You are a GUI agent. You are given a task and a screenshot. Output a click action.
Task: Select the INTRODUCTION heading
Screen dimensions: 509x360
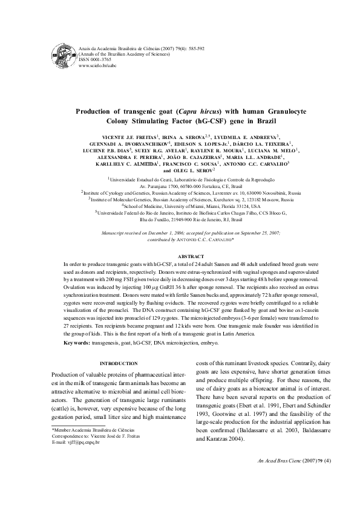[x=120, y=362]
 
